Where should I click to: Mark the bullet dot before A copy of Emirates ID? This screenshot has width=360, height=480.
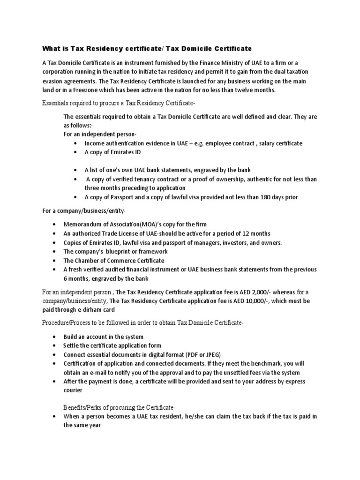tap(76, 152)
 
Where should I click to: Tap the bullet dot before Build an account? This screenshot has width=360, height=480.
tap(55, 337)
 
